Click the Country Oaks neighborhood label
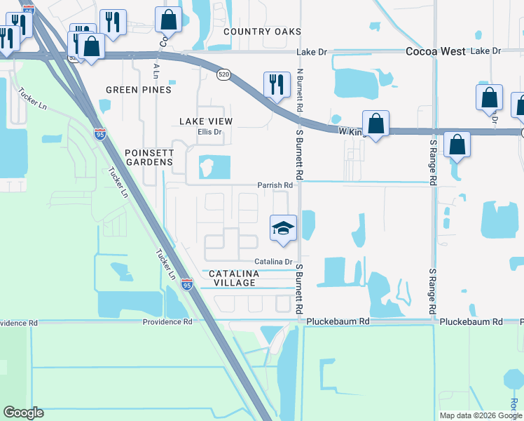(x=262, y=32)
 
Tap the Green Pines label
(x=138, y=90)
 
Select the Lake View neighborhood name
(x=206, y=121)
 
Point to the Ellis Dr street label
(x=209, y=131)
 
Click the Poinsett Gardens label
(x=149, y=157)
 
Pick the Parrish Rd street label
(x=275, y=185)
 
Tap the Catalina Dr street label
(x=273, y=261)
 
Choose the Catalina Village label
(x=230, y=277)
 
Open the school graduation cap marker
(x=283, y=228)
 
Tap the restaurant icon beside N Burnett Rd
(x=276, y=84)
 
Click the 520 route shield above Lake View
(x=223, y=74)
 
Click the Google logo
(x=23, y=413)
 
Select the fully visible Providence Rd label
(x=167, y=321)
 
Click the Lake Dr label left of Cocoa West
(x=312, y=51)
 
